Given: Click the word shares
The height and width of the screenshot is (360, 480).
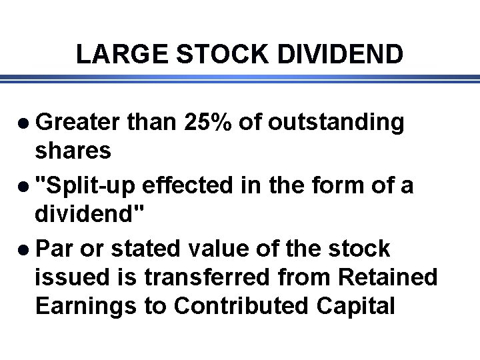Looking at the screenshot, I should pos(73,151).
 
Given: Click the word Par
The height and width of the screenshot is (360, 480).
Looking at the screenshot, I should pos(55,249).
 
